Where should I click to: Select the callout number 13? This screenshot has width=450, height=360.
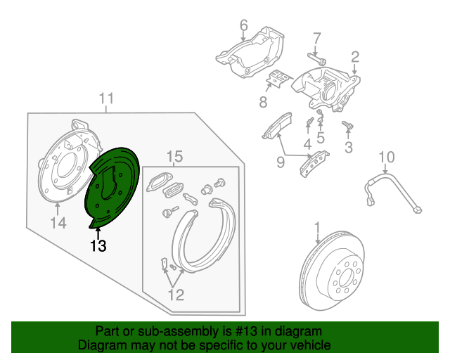[98, 246]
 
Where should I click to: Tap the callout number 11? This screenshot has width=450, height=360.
[105, 98]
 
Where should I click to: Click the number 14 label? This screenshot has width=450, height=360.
[58, 224]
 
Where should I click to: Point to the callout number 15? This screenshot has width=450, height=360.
[174, 155]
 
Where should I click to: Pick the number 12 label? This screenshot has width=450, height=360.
[175, 295]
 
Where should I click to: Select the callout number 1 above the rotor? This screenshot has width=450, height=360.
[316, 227]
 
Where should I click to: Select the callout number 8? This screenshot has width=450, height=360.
[263, 103]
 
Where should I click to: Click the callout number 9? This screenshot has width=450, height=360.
[280, 163]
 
